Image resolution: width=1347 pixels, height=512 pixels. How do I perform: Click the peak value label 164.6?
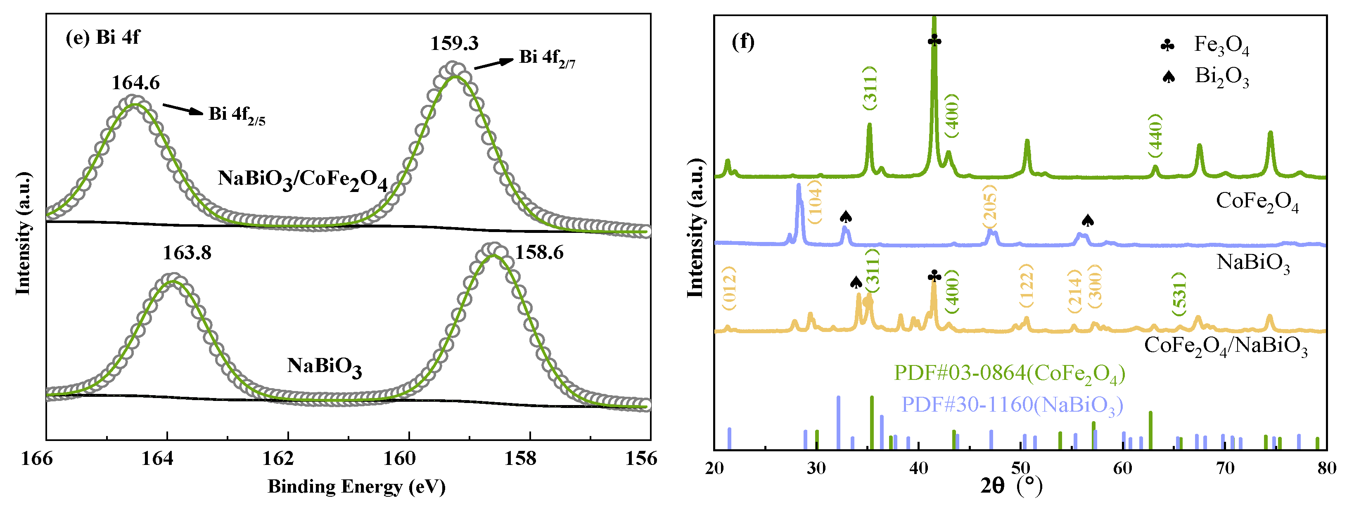[135, 83]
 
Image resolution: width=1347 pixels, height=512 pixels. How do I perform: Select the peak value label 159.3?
[454, 43]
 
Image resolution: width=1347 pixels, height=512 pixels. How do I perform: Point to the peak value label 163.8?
[187, 253]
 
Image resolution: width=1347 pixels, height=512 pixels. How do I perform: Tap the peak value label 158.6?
[539, 253]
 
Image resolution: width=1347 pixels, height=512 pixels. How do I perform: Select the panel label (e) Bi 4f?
[102, 38]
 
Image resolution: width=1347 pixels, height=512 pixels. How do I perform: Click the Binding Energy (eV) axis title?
[357, 487]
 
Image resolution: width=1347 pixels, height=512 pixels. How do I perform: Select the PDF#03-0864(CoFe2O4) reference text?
[1009, 373]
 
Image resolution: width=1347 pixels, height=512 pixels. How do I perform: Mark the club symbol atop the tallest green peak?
[934, 41]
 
